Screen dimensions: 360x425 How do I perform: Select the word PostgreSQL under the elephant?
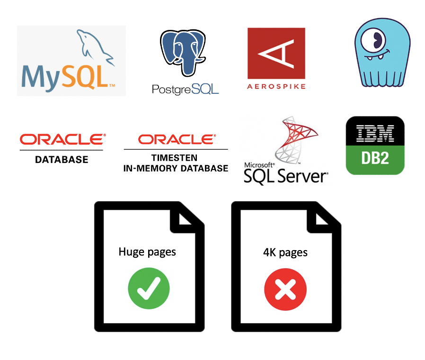point(186,89)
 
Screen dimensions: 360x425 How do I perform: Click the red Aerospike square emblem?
point(276,53)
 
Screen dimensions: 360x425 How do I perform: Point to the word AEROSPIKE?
point(276,86)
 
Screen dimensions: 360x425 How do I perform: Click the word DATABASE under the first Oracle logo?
point(62,160)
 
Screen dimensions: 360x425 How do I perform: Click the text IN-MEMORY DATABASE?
point(176,168)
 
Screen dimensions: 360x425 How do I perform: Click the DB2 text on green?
point(375,158)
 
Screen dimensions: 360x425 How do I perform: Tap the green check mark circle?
point(149,288)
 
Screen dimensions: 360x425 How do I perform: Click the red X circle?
point(285,288)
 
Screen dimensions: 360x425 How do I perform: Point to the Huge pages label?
point(147,252)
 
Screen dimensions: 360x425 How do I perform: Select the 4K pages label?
point(285,252)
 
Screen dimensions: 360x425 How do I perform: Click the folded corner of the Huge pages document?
point(189,216)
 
